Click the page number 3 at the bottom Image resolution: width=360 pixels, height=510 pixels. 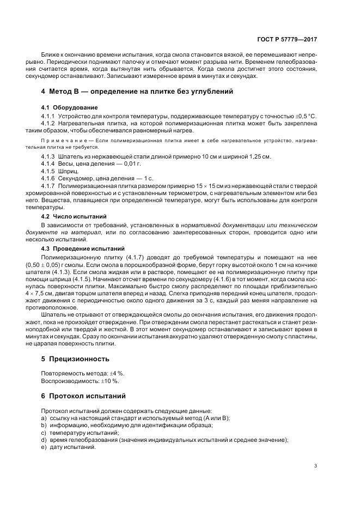click(316, 466)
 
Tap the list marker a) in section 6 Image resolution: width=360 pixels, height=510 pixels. click(44, 418)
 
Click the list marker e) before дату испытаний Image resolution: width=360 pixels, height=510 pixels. click(44, 447)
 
